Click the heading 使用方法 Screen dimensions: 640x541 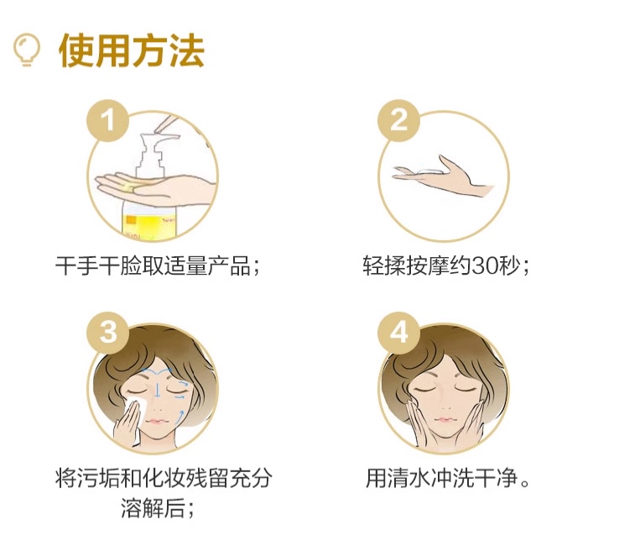[132, 51]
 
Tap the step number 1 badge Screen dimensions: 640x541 [107, 121]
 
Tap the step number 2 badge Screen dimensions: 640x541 [398, 121]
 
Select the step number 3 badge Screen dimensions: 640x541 [107, 332]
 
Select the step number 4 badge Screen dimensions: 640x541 [398, 332]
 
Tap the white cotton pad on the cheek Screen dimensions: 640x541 [137, 404]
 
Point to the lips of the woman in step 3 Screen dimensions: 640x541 [157, 420]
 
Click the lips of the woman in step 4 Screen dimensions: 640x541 [444, 419]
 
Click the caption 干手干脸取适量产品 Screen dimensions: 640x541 [153, 266]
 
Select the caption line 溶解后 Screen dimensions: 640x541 [153, 509]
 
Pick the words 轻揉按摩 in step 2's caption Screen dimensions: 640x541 [406, 266]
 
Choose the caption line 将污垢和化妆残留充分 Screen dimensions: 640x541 [164, 478]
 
